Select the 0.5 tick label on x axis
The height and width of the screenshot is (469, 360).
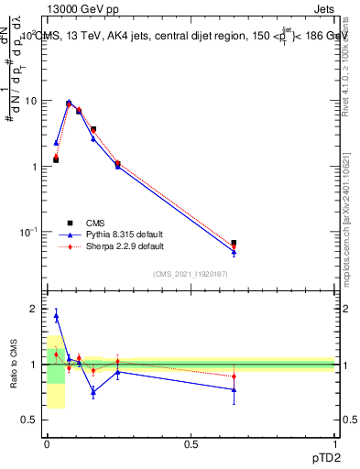click(191, 444)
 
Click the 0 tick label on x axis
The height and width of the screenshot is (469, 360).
click(47, 444)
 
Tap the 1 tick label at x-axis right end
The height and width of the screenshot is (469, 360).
click(334, 444)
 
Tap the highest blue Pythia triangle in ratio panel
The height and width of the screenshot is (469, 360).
click(56, 316)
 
